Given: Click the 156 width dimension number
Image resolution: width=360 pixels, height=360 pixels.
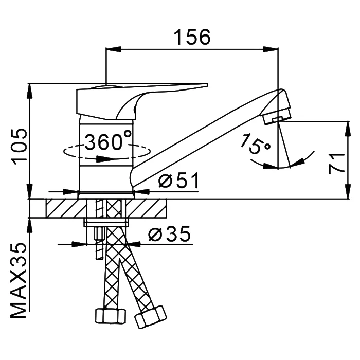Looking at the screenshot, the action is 192,37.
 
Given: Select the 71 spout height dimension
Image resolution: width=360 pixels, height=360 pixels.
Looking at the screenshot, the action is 337,164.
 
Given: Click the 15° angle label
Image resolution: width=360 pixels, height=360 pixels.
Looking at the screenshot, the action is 256,144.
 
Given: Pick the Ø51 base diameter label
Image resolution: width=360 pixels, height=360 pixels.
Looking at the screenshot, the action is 178,181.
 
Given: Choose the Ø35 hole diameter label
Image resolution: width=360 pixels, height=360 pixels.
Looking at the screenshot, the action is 169,233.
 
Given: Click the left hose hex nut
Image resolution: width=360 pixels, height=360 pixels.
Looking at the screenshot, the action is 111,316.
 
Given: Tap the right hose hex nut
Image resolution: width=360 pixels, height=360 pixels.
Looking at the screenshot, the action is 150,317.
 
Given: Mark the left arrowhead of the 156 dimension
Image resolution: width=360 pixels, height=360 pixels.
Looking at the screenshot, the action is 113,49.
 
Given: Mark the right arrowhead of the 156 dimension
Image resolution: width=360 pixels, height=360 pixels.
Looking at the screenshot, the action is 271,49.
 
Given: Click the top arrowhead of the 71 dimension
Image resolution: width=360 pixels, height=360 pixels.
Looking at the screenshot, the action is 348,129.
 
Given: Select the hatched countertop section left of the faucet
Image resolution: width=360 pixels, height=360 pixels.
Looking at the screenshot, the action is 66,208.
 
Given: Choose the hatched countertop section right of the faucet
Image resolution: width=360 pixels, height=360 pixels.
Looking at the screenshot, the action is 146,208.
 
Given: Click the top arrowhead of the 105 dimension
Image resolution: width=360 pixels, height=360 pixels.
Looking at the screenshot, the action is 30,91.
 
